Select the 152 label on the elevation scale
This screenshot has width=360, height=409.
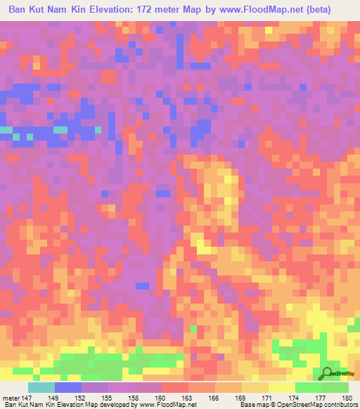[82, 398]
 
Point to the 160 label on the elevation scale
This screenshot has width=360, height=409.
[161, 398]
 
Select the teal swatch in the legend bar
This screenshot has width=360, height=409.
[41, 387]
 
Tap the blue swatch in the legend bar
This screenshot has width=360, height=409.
[68, 387]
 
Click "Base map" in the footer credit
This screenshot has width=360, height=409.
[250, 405]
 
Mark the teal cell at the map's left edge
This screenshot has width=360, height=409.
[6, 130]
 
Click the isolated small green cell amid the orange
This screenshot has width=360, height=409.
[193, 328]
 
